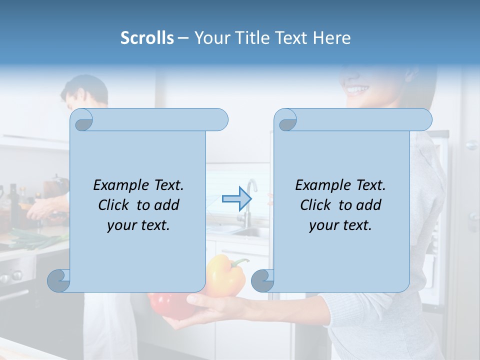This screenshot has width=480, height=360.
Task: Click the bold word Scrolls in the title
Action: pyautogui.click(x=147, y=38)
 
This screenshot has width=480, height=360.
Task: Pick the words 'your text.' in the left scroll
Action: pyautogui.click(x=138, y=225)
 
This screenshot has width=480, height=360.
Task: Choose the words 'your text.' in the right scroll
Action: pyautogui.click(x=340, y=225)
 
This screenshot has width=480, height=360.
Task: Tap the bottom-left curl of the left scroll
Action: pyautogui.click(x=59, y=280)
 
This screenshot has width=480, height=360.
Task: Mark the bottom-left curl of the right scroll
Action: pyautogui.click(x=262, y=280)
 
